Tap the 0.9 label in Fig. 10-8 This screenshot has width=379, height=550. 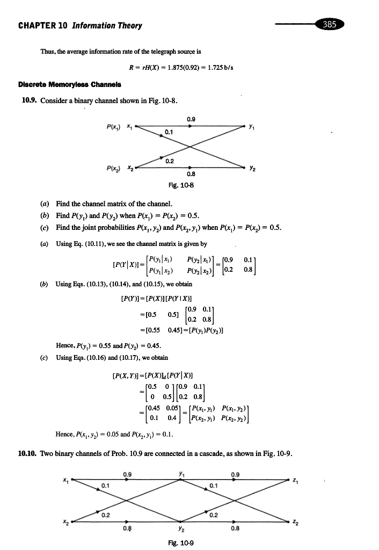pyautogui.click(x=190, y=119)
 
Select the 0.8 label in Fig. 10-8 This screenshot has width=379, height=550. pyautogui.click(x=190, y=173)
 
